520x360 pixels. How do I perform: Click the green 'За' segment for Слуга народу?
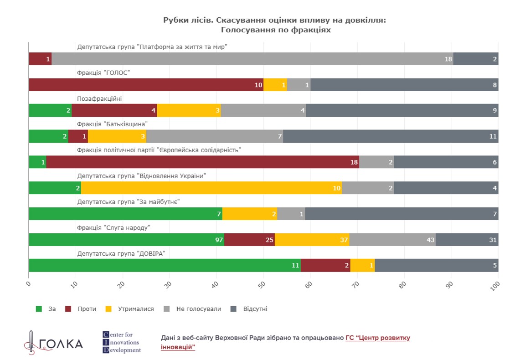pyautogui.click(x=126, y=240)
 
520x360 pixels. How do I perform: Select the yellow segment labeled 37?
pyautogui.click(x=312, y=240)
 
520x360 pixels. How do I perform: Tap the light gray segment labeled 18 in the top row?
pyautogui.click(x=252, y=59)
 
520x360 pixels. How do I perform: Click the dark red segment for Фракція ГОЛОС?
pyautogui.click(x=146, y=85)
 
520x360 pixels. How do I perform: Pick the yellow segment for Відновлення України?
pyautogui.click(x=211, y=188)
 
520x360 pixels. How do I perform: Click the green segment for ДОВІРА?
pyautogui.click(x=165, y=265)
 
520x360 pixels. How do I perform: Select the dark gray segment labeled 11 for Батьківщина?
pyautogui.click(x=391, y=136)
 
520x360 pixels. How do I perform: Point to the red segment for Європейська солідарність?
pyautogui.click(x=202, y=162)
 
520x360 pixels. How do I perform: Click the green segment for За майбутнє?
pyautogui.click(x=125, y=214)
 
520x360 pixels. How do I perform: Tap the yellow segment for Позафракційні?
pyautogui.click(x=189, y=110)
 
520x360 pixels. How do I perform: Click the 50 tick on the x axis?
pyautogui.click(x=262, y=285)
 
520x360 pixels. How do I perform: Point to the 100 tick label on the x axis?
pyautogui.click(x=495, y=285)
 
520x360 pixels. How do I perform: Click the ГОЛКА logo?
pyautogui.click(x=53, y=343)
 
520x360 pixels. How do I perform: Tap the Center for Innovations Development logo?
pyautogui.click(x=122, y=343)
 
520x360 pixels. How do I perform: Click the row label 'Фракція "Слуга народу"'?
pyautogui.click(x=113, y=227)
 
